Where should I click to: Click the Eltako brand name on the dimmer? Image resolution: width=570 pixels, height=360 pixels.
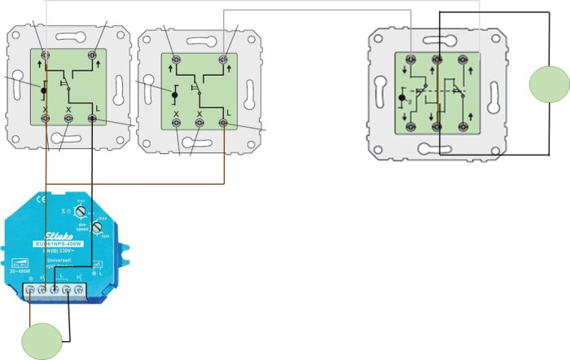(57, 232)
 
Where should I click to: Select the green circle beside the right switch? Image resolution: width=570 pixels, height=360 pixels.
(548, 86)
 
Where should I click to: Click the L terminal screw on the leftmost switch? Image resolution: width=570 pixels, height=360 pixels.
(92, 119)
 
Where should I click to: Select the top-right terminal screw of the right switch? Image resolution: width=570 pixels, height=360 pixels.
(464, 59)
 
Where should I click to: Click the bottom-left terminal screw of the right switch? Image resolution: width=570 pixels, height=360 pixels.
(411, 126)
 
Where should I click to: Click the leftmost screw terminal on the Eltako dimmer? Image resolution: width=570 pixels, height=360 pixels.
(31, 288)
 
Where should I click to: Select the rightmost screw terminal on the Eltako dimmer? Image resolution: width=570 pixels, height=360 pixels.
(79, 288)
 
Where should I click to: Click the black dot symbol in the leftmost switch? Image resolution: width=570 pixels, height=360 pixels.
(42, 89)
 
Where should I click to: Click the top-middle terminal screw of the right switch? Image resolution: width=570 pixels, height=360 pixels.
(437, 59)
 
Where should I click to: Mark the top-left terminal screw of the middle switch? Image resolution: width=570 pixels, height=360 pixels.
(175, 59)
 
